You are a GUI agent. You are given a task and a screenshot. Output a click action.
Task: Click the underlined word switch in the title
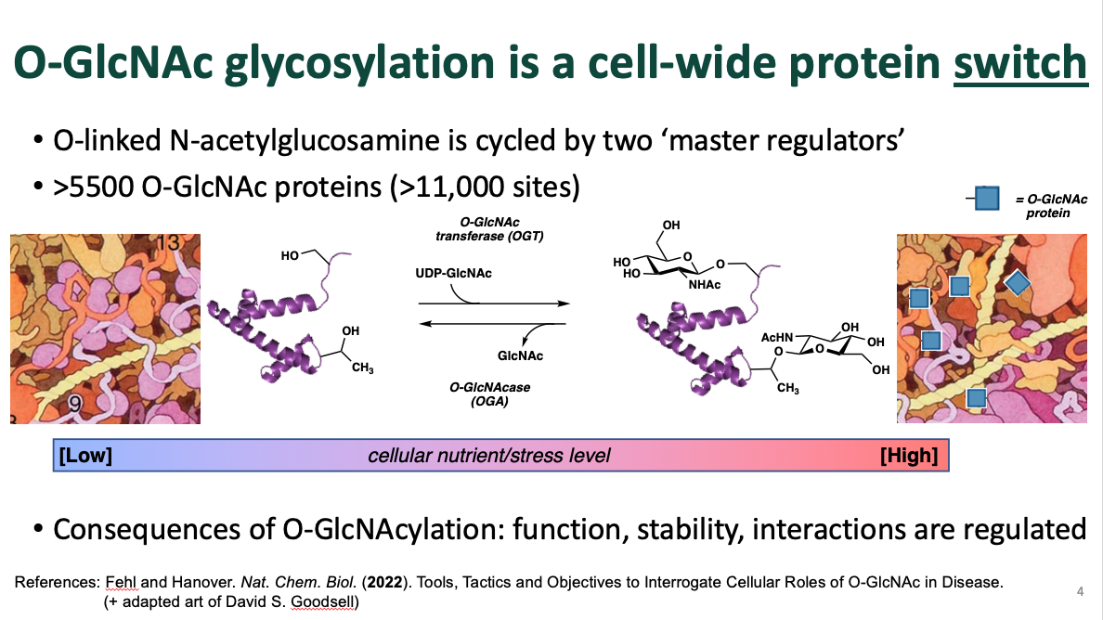[1020, 62]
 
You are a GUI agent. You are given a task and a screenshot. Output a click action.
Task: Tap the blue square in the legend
[987, 199]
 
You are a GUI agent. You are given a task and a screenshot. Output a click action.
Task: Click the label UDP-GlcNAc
[453, 273]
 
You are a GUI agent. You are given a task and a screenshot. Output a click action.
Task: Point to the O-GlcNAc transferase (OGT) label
[489, 229]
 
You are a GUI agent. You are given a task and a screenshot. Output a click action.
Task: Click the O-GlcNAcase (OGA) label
[489, 394]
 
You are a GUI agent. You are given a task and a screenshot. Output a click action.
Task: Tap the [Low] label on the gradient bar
[85, 456]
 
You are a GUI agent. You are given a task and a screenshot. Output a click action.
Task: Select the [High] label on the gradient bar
[909, 456]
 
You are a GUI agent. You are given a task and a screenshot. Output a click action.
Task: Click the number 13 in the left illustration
[169, 242]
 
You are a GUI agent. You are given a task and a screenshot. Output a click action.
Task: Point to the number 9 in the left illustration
[74, 404]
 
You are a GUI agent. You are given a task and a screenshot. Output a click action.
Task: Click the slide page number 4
[1080, 591]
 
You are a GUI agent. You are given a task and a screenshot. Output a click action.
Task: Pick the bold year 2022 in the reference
[384, 582]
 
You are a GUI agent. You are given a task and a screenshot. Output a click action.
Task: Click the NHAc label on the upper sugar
[704, 285]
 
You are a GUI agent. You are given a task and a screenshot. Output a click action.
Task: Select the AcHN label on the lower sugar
[777, 338]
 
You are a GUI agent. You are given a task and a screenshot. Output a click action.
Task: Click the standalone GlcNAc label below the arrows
[520, 355]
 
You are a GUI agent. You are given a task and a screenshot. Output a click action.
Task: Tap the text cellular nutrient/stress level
[489, 456]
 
